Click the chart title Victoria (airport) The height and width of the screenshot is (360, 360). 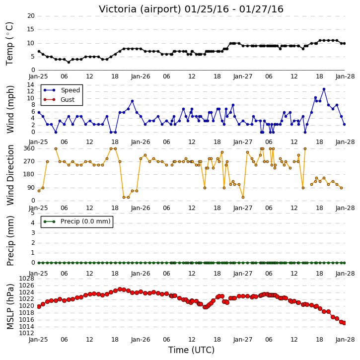click(x=140, y=9)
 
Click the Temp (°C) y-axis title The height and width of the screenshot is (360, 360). click(x=9, y=44)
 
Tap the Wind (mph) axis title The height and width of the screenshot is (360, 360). click(x=10, y=109)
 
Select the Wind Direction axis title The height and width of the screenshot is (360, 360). click(x=10, y=175)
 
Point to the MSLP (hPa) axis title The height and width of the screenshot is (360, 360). click(x=10, y=306)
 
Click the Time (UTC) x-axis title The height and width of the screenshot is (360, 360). click(x=191, y=350)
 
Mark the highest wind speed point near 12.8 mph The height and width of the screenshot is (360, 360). click(x=324, y=89)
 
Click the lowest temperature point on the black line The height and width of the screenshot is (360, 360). click(x=69, y=62)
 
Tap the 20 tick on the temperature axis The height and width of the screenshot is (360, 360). click(x=31, y=16)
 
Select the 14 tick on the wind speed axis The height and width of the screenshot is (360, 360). click(x=30, y=85)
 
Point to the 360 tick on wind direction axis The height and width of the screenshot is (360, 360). click(x=29, y=148)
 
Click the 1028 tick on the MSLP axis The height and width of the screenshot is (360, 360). click(x=26, y=279)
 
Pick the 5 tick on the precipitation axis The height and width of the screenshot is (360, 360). click(x=33, y=213)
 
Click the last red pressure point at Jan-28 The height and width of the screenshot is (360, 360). click(x=344, y=323)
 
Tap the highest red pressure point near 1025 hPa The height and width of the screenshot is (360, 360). click(x=120, y=289)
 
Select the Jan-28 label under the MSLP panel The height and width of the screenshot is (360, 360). click(x=345, y=340)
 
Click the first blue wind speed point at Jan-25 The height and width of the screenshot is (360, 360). click(x=39, y=113)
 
